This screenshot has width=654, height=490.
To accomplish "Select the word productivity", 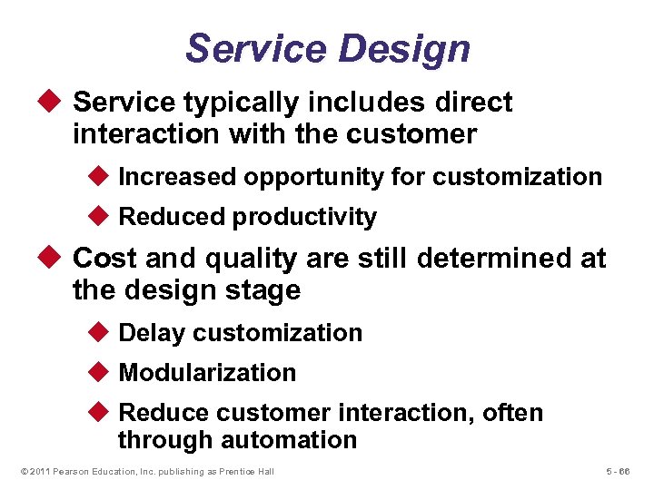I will tap(304, 217).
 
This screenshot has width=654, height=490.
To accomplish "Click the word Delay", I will tap(152, 333).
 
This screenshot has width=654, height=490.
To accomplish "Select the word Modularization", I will tap(207, 373).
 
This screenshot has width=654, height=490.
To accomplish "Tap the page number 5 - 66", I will tap(617, 472).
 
